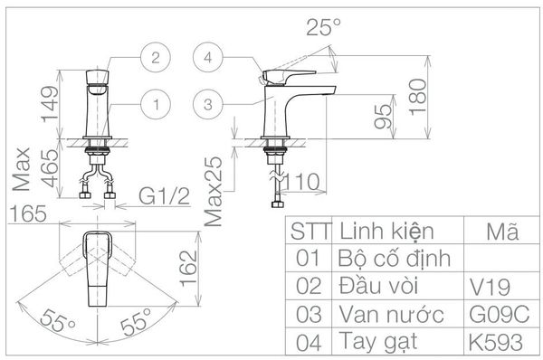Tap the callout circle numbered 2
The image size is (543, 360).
coord(156,57)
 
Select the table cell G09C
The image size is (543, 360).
coord(494,315)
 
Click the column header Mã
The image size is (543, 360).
coord(500,232)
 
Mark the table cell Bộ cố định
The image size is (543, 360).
coord(394,260)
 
